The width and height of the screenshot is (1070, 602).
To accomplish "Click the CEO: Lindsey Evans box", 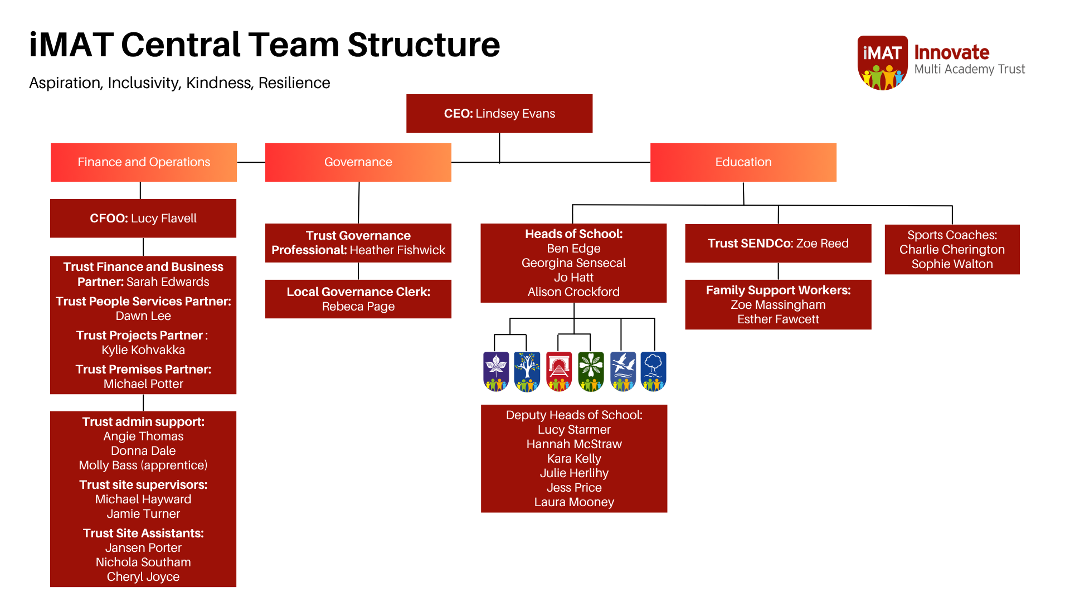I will (x=499, y=114).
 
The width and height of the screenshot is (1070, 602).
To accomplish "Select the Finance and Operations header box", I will (x=144, y=162).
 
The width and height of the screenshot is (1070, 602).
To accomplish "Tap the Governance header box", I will (x=358, y=162).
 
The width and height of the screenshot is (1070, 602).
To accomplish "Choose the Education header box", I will (x=743, y=162).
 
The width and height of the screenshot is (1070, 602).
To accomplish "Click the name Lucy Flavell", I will (x=164, y=219).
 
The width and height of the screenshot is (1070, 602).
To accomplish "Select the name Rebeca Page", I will (x=358, y=307).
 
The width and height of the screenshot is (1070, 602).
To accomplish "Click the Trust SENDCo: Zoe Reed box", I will (x=778, y=244).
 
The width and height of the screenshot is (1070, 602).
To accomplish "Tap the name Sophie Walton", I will (x=952, y=264).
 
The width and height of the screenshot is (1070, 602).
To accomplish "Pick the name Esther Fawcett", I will (x=778, y=319).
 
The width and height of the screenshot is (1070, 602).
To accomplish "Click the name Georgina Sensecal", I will (x=573, y=263).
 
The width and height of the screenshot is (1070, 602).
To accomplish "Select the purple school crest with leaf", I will (x=496, y=371).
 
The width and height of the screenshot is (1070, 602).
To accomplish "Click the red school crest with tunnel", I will (x=559, y=371).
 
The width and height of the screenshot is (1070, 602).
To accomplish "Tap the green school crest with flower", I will (x=591, y=371).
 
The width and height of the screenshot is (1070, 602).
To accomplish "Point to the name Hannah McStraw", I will (x=574, y=444).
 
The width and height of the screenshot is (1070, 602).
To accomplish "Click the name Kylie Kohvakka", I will (x=143, y=350).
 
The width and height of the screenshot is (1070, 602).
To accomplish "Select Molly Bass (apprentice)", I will (x=143, y=465).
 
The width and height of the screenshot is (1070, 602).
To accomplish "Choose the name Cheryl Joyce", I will (x=143, y=577).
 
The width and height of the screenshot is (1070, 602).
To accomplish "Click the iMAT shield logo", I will (x=882, y=62).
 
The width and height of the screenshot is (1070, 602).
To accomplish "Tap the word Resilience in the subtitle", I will (x=294, y=83).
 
